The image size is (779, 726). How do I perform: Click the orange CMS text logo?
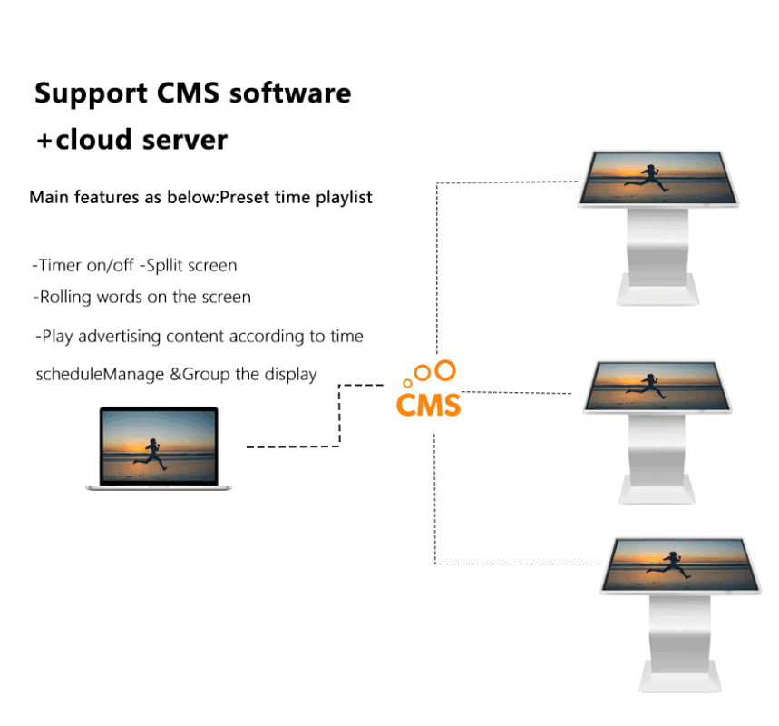point(428,403)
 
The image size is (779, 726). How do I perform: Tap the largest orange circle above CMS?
point(444,369)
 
